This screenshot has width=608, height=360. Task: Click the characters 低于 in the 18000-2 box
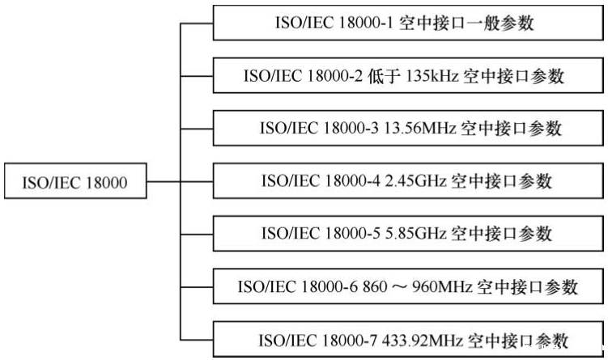(381, 76)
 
